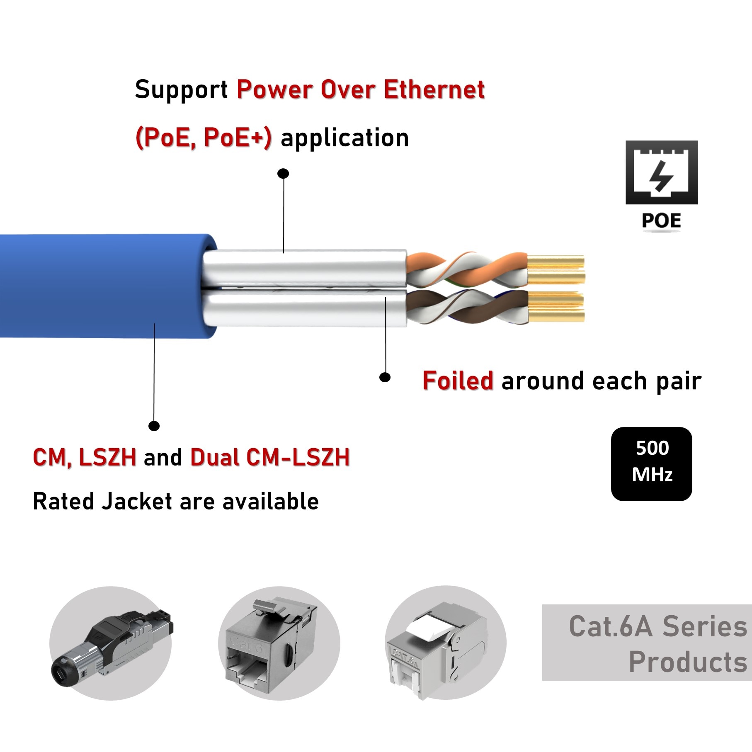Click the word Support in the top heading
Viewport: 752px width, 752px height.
point(181,90)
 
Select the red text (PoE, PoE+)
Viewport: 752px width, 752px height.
point(204,138)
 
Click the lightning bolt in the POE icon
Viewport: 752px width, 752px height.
point(661,176)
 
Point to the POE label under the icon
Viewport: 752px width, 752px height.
point(661,221)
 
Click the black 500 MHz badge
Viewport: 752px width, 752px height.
point(651,463)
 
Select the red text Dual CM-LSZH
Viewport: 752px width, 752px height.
point(270,457)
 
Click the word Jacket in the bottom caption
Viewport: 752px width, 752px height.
point(137,501)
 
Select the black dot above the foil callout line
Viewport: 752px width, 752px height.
point(283,173)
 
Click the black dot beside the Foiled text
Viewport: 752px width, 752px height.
point(385,377)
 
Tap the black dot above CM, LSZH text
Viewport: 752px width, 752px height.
point(154,426)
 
